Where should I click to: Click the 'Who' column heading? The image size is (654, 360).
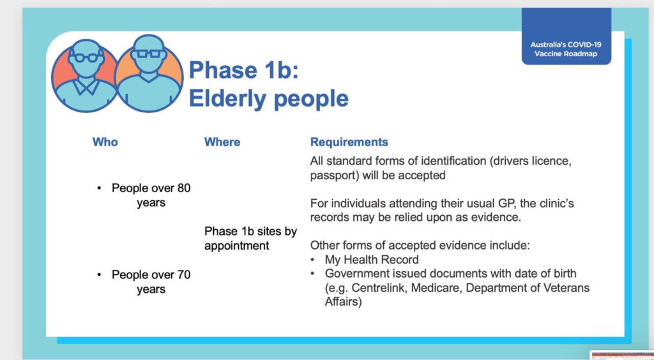(x=105, y=142)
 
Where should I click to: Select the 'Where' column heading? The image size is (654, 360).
(x=222, y=142)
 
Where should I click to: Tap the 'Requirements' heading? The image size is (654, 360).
(x=349, y=142)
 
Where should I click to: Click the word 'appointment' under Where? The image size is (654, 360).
(x=236, y=246)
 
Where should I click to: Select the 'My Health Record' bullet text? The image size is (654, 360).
(x=372, y=260)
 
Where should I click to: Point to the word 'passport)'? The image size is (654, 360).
(x=335, y=176)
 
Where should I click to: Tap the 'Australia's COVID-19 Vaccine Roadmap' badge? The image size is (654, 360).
(x=566, y=49)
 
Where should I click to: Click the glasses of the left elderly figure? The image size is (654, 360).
(x=86, y=57)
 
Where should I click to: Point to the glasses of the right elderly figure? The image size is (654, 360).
(x=148, y=54)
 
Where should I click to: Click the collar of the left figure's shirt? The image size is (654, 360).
(x=86, y=87)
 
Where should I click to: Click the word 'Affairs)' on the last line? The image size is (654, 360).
(x=343, y=302)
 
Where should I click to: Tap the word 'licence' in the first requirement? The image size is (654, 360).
(x=551, y=161)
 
